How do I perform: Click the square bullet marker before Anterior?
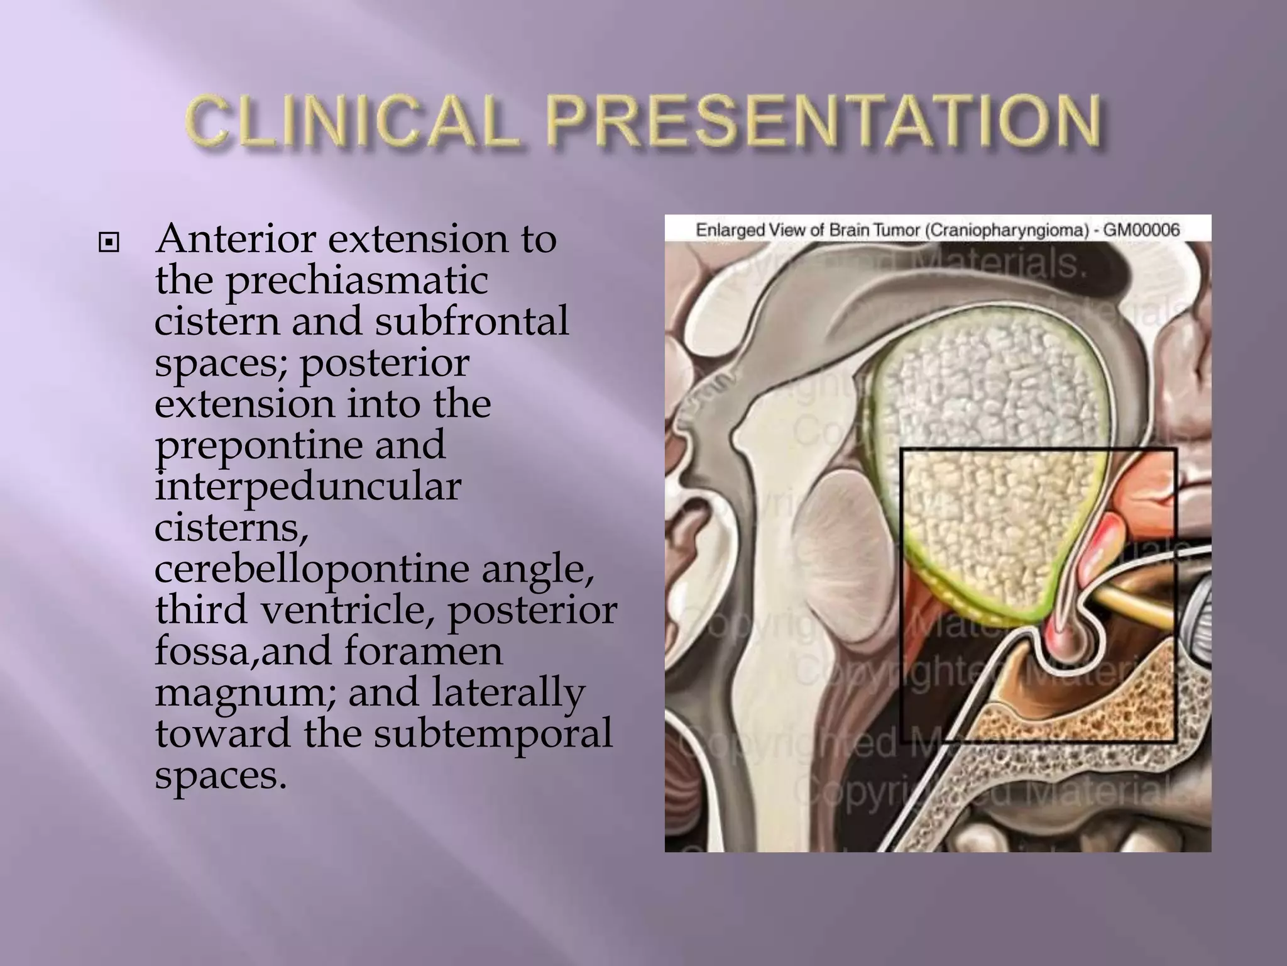point(109,242)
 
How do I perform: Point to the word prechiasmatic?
point(356,280)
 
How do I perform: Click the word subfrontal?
point(471,321)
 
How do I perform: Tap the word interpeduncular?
point(307,486)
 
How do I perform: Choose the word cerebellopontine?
point(312,569)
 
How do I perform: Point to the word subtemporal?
point(493,733)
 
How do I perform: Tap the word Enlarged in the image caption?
point(727,230)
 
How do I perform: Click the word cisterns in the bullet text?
point(231,527)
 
